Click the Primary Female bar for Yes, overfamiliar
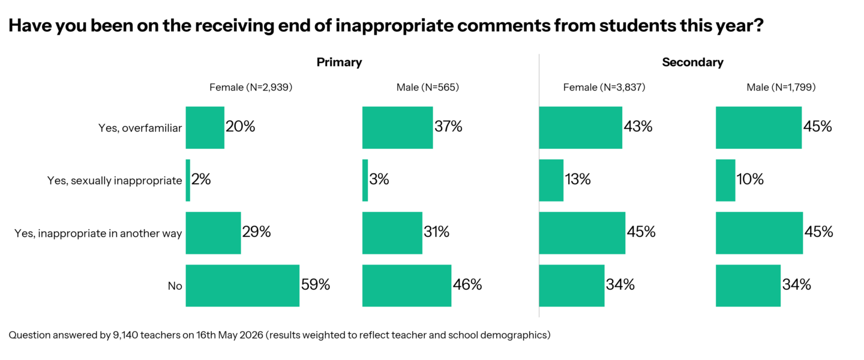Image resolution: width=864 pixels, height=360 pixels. pyautogui.click(x=205, y=128)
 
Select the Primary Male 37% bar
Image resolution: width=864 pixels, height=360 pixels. pyautogui.click(x=398, y=128)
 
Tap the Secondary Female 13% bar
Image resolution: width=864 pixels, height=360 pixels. pyautogui.click(x=551, y=180)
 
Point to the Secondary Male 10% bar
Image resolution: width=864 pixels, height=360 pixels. pyautogui.click(x=725, y=180)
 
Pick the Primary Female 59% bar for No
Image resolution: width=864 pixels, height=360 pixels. pyautogui.click(x=242, y=286)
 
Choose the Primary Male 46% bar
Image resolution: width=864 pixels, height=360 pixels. pyautogui.click(x=407, y=286)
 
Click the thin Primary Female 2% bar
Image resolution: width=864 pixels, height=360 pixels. pyautogui.click(x=188, y=180)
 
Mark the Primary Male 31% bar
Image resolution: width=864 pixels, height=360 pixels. pyautogui.click(x=392, y=233)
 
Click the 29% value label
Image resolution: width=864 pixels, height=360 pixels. pyautogui.click(x=257, y=232)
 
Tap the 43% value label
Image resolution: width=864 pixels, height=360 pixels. pyautogui.click(x=638, y=127)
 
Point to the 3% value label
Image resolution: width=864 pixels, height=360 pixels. pyautogui.click(x=379, y=179)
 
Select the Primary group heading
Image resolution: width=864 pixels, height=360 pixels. pyautogui.click(x=340, y=62)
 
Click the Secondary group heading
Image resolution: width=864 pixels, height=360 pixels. pyautogui.click(x=693, y=62)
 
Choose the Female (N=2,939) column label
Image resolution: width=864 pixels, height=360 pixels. pyautogui.click(x=251, y=87)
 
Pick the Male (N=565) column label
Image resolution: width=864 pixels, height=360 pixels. pyautogui.click(x=428, y=87)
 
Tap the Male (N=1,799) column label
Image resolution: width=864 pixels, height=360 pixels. pyautogui.click(x=781, y=87)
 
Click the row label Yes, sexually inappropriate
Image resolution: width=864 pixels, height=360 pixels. pyautogui.click(x=115, y=181)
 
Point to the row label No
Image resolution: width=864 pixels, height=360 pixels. pyautogui.click(x=175, y=286)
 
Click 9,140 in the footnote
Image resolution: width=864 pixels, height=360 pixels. pyautogui.click(x=125, y=335)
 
